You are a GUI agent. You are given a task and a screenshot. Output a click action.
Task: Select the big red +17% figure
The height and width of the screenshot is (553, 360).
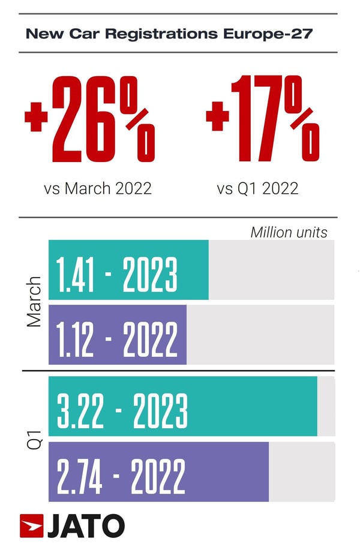pyautogui.click(x=263, y=119)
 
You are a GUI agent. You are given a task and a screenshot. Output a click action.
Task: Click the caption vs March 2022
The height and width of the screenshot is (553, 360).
pyautogui.click(x=97, y=188)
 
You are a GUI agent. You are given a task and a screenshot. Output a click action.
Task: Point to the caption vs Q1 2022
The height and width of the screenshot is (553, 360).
pyautogui.click(x=257, y=188)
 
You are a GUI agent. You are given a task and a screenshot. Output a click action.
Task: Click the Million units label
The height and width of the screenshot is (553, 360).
pyautogui.click(x=289, y=232)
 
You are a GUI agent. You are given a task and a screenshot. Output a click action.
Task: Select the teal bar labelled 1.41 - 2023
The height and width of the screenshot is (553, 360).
pyautogui.click(x=128, y=270)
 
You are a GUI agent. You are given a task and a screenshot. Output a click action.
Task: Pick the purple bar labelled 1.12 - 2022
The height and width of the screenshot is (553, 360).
pyautogui.click(x=118, y=335)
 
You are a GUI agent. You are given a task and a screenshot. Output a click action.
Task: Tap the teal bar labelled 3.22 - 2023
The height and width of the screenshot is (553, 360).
pyautogui.click(x=182, y=407)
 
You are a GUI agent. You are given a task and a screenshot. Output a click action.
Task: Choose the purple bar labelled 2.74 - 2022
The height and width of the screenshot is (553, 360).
pyautogui.click(x=158, y=471)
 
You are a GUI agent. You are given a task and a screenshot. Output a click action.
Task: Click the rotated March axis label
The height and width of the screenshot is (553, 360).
pyautogui.click(x=35, y=302)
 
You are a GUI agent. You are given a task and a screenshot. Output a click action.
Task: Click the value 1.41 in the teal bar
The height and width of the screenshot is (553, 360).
pyautogui.click(x=77, y=275)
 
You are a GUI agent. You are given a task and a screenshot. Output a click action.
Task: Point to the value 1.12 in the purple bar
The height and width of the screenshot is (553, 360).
pyautogui.click(x=76, y=340)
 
